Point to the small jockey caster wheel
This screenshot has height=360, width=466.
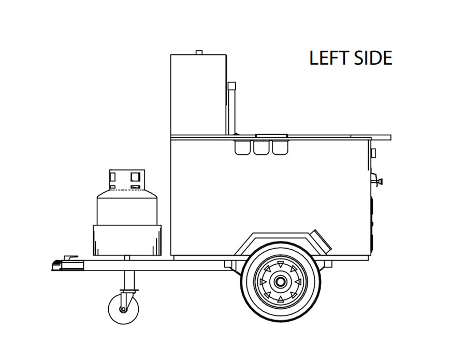point(123,309)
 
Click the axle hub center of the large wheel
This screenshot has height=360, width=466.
point(280,282)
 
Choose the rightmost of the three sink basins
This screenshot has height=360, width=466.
point(279,148)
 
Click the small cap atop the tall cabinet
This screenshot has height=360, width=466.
point(198,52)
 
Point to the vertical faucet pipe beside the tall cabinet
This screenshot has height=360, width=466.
point(231,106)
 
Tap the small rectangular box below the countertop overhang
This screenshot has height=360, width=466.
point(373,153)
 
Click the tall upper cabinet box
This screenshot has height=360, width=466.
point(198,93)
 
